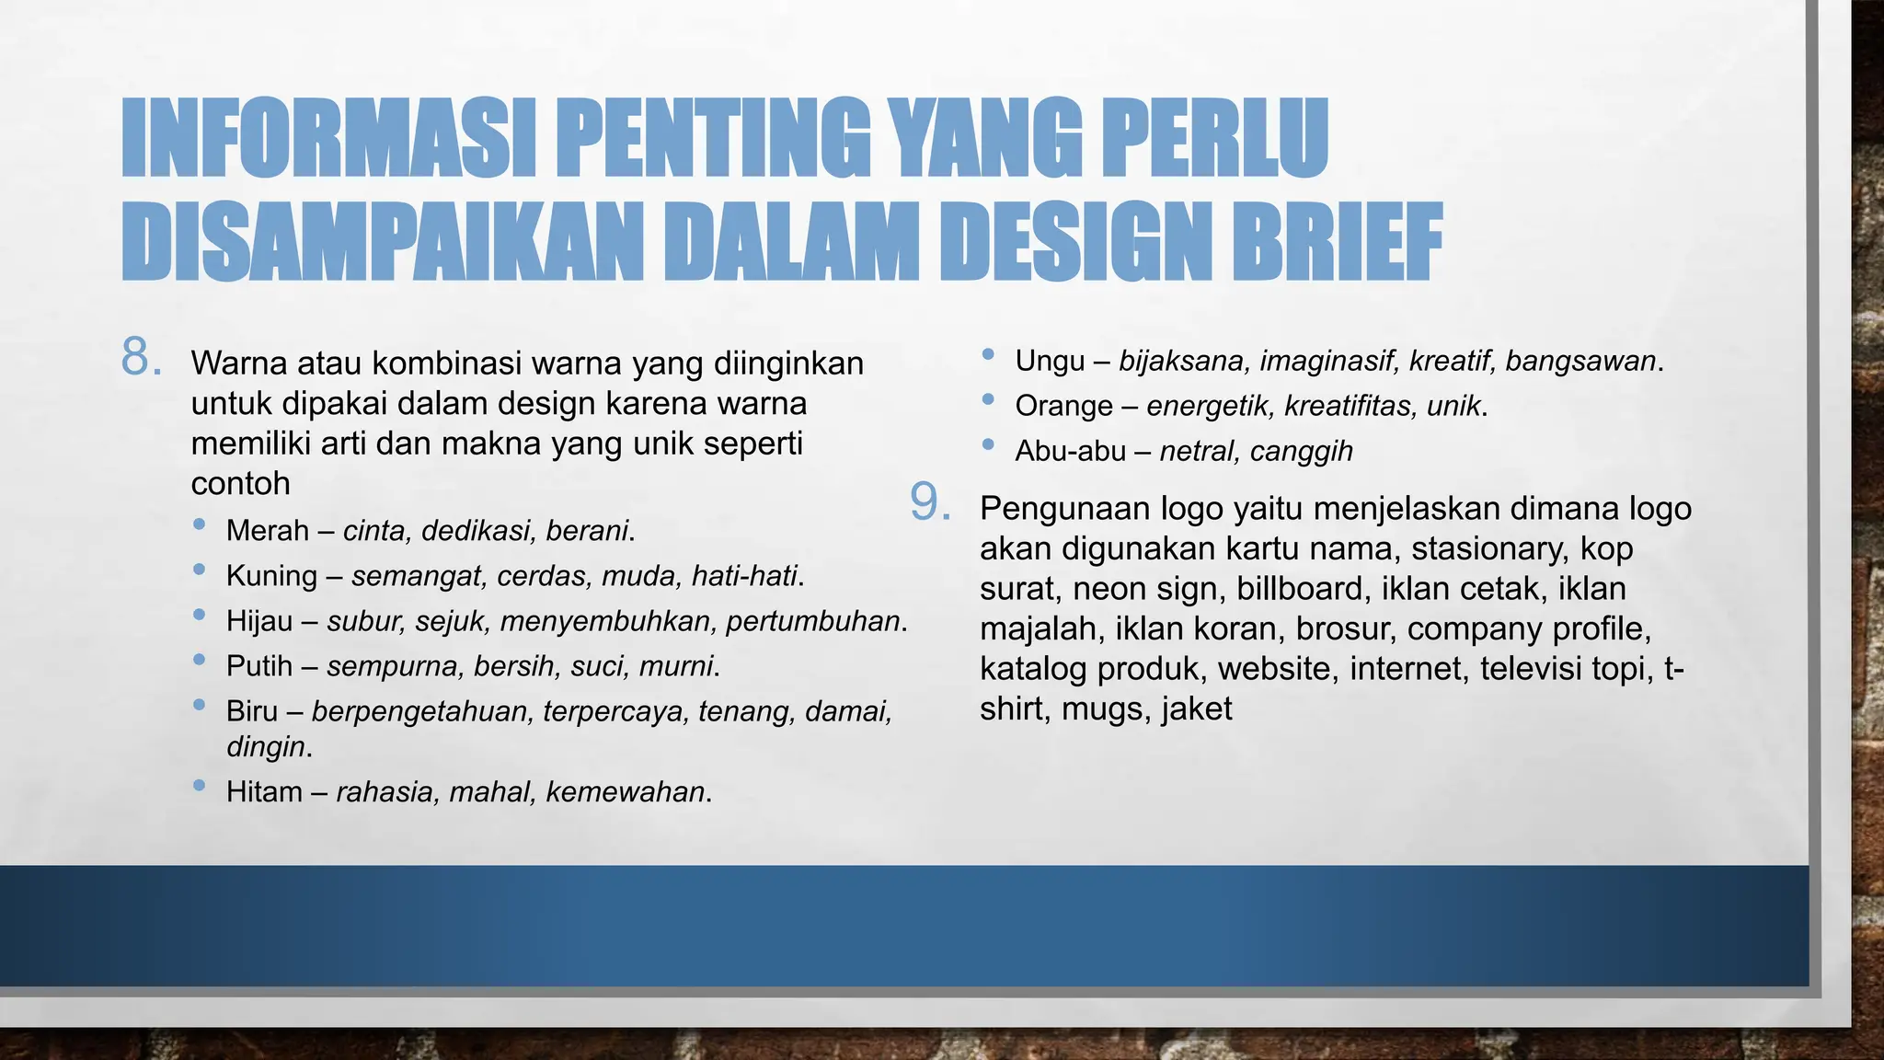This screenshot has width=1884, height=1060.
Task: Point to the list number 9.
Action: [930, 502]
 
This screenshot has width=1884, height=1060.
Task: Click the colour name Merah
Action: [267, 531]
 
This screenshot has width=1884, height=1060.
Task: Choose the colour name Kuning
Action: [271, 576]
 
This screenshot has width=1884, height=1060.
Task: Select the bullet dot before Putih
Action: [200, 660]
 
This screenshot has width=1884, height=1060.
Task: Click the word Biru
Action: [252, 711]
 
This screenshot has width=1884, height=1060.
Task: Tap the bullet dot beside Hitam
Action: [200, 786]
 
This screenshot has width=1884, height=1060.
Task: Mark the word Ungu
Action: [1050, 361]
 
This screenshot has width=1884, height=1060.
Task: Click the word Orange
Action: [1063, 406]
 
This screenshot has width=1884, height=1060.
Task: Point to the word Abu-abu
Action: [1070, 451]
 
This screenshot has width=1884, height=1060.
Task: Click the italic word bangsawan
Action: [1580, 361]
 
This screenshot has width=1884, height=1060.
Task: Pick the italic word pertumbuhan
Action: [812, 621]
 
